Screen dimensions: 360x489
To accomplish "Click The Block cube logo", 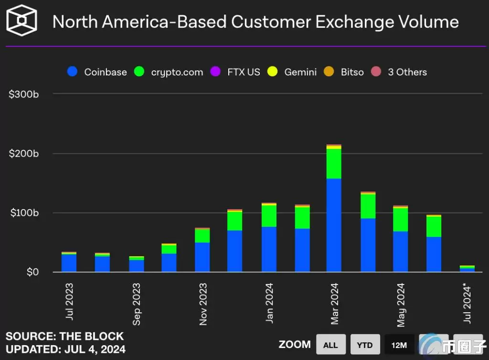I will point(21,21).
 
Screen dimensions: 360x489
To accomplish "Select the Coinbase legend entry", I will point(97,72).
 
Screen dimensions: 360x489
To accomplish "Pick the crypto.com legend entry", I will point(169,72).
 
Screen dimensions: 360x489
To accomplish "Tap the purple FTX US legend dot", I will point(215,72).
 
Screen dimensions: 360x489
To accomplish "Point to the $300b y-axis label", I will point(23,94).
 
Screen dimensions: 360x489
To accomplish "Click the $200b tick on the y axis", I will point(23,154).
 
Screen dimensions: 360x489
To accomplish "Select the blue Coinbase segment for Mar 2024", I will point(334,224).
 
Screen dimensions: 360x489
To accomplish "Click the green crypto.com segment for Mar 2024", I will point(334,164).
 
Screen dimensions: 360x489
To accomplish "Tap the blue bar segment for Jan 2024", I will point(269,249).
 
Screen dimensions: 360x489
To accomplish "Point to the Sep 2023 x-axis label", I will point(137,304).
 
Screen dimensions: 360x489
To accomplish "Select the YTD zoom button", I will point(364,345).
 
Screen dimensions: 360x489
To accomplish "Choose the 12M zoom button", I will point(399,345).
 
